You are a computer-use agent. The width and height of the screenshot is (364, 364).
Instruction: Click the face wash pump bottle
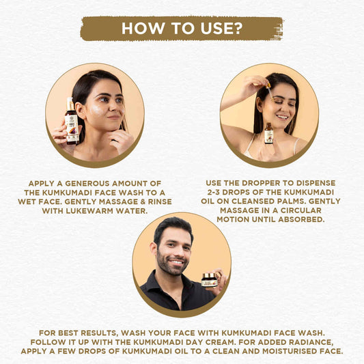pyautogui.click(x=72, y=121)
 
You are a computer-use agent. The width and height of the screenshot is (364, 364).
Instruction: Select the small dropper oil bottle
pyautogui.click(x=268, y=133)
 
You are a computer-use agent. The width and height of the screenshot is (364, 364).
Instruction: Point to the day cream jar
pyautogui.click(x=209, y=280)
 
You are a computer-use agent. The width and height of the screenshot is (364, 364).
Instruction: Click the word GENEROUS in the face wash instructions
pyautogui.click(x=87, y=184)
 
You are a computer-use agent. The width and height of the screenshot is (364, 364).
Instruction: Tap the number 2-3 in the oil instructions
pyautogui.click(x=214, y=192)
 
